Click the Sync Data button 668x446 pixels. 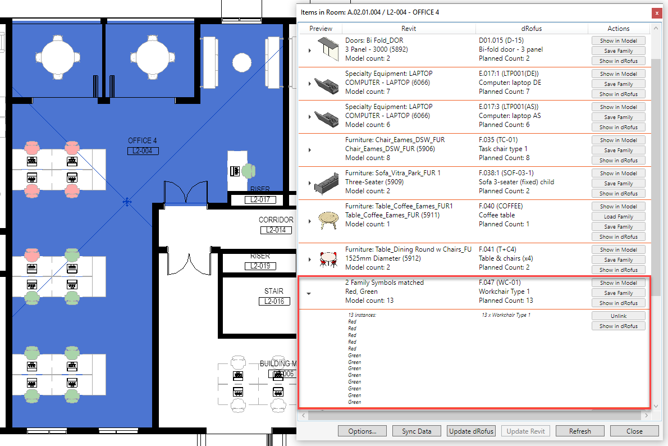[x=416, y=431]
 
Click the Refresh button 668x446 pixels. [x=580, y=431]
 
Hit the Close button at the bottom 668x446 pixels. [x=634, y=431]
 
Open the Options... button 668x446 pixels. [x=362, y=431]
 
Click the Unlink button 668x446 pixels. [x=618, y=316]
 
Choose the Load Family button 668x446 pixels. [x=618, y=217]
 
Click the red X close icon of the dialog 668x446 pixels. [x=657, y=13]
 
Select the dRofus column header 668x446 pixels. [x=531, y=29]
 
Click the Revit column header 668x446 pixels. [x=408, y=29]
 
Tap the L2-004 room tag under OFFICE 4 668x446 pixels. [x=143, y=151]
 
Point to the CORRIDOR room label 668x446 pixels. [x=276, y=220]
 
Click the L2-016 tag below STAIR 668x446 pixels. [x=274, y=302]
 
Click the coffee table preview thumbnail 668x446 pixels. [x=328, y=220]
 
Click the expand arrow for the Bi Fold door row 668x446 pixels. [x=310, y=51]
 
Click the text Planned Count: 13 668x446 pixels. [x=506, y=300]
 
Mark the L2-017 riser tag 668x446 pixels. [x=260, y=199]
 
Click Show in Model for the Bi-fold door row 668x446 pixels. [x=618, y=40]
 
